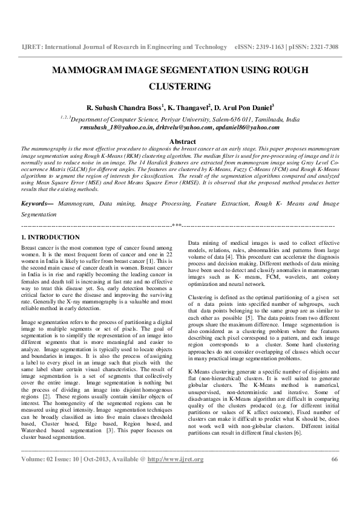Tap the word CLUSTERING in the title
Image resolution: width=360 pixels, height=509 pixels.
[x=180, y=86]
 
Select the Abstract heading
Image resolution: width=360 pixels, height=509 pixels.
[x=180, y=141]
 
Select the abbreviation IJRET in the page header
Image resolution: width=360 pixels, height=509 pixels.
[x=31, y=47]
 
